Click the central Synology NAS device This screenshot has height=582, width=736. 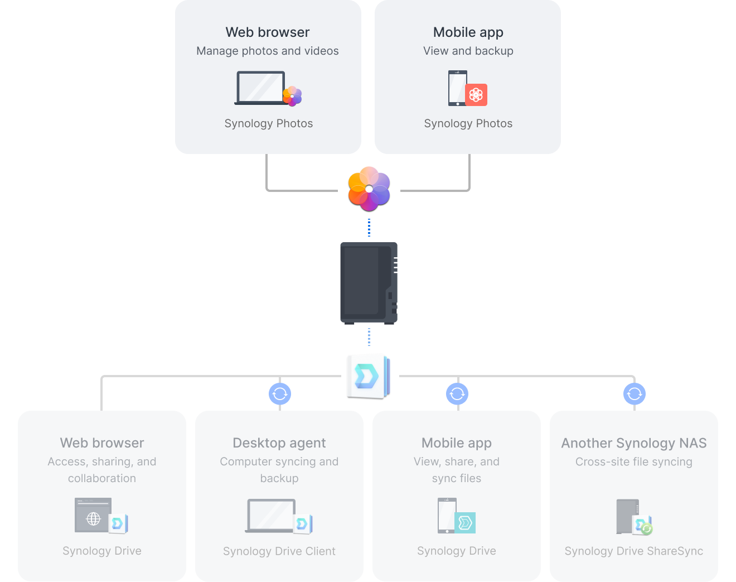[x=369, y=283]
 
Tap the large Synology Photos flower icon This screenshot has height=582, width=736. [x=369, y=189]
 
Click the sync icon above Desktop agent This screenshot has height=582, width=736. [x=280, y=394]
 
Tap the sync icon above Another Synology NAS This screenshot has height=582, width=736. [x=635, y=394]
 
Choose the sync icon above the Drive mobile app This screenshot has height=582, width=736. [x=457, y=394]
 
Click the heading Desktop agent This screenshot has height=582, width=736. [x=279, y=443]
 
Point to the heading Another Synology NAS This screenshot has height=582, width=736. [x=634, y=443]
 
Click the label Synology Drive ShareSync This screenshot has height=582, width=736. [x=634, y=551]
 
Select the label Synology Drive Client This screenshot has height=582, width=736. [x=279, y=551]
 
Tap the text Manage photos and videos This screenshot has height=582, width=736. [x=268, y=51]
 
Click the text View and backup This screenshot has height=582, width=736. [x=468, y=51]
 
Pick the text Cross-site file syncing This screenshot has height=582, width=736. [x=634, y=462]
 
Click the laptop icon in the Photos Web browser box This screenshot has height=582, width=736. [x=260, y=88]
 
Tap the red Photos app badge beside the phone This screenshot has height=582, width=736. [x=476, y=95]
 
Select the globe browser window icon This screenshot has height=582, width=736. [x=93, y=516]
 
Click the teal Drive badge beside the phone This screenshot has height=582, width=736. [x=465, y=523]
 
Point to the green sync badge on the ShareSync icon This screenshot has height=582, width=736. [x=647, y=528]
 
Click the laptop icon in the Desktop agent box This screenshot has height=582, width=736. [x=271, y=516]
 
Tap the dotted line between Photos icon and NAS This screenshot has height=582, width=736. [x=369, y=228]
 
